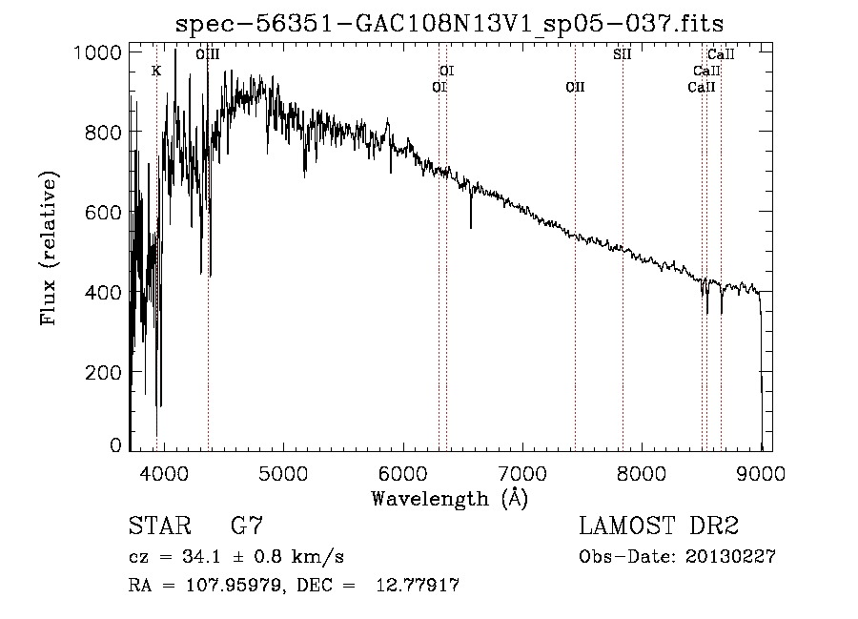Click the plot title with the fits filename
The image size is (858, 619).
[x=456, y=24]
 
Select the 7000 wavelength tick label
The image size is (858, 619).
[x=522, y=472]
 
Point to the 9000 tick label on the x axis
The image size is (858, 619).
[x=761, y=472]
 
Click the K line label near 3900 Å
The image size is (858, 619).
[x=156, y=71]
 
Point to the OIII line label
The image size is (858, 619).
[x=208, y=54]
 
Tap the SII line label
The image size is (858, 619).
[x=622, y=54]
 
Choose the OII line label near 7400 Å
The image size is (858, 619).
[x=575, y=87]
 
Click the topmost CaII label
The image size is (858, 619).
[x=721, y=54]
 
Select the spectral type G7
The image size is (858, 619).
[x=246, y=526]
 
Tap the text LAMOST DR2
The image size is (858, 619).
[x=659, y=526]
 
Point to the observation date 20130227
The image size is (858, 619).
[x=728, y=557]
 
